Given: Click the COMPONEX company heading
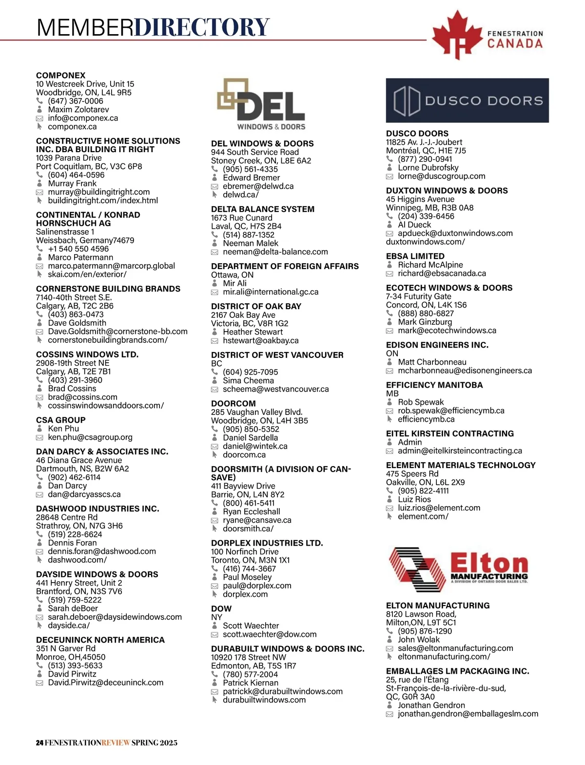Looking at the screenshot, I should (60, 76).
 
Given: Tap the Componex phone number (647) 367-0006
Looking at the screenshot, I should (76, 101).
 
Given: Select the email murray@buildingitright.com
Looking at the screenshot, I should (99, 192).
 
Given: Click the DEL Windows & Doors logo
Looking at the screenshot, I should (261, 105).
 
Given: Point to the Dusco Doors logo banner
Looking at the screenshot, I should (467, 100).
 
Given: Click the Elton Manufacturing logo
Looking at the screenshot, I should (458, 568).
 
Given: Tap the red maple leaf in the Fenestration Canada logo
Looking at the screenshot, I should (456, 35).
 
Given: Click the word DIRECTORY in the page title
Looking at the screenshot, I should (202, 27).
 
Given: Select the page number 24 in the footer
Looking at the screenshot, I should (39, 743).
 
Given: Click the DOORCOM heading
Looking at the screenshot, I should (233, 404).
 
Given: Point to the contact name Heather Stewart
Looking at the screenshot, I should (253, 332).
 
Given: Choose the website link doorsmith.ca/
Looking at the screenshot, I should (248, 529).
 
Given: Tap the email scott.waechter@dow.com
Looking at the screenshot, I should (270, 634).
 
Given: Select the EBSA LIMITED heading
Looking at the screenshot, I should (415, 256).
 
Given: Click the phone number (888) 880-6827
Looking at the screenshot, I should (426, 314).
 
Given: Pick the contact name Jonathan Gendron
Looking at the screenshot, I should (431, 706).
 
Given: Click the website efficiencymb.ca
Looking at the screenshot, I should (426, 419).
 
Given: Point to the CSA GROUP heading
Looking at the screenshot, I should (60, 420).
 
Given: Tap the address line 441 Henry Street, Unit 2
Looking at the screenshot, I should (79, 583).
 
